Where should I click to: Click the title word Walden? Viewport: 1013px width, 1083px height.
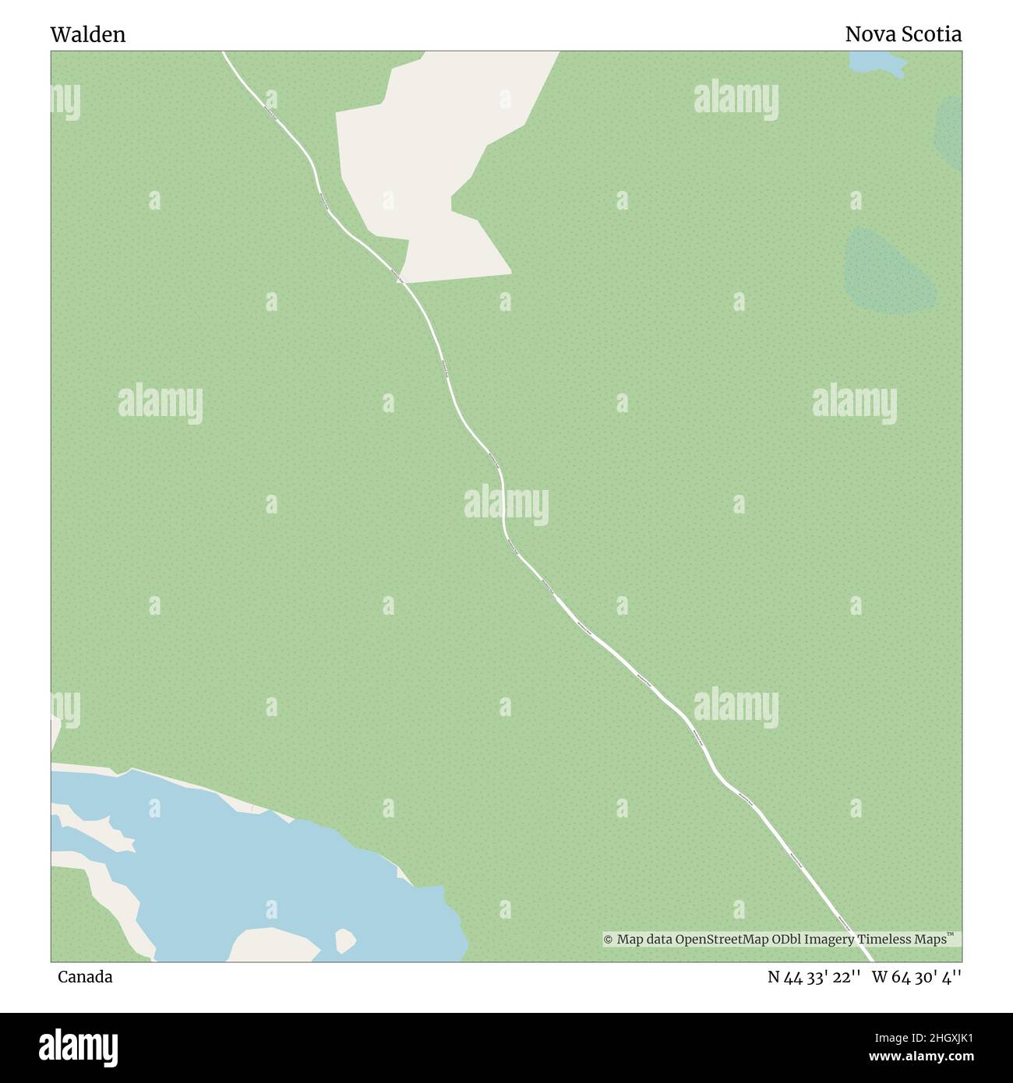point(87,34)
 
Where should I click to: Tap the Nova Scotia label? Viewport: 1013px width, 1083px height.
point(903,34)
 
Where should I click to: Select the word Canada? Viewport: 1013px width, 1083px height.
point(84,976)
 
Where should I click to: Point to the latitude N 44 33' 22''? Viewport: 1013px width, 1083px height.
point(814,976)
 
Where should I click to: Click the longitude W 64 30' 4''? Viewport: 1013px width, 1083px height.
point(916,976)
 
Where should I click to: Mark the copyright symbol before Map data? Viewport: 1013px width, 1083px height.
point(609,940)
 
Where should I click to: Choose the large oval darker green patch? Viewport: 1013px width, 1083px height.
point(888,269)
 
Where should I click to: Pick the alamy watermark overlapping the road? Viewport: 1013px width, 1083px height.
point(507,505)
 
